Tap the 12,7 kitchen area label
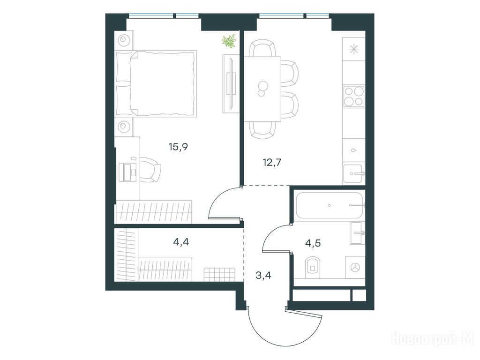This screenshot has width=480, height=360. tap(272, 163)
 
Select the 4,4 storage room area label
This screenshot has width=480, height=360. tap(181, 242)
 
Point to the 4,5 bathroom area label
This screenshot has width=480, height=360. tap(313, 244)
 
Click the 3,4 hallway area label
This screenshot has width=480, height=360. tap(263, 276)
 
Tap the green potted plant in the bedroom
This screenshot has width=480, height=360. tap(230, 41)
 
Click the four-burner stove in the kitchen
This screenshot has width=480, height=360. tap(354, 96)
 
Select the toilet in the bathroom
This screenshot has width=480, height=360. tap(312, 268)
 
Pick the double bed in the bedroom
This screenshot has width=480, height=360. tap(156, 83)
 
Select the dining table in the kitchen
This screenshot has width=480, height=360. tap(262, 89)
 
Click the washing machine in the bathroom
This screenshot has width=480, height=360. tap(355, 267)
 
